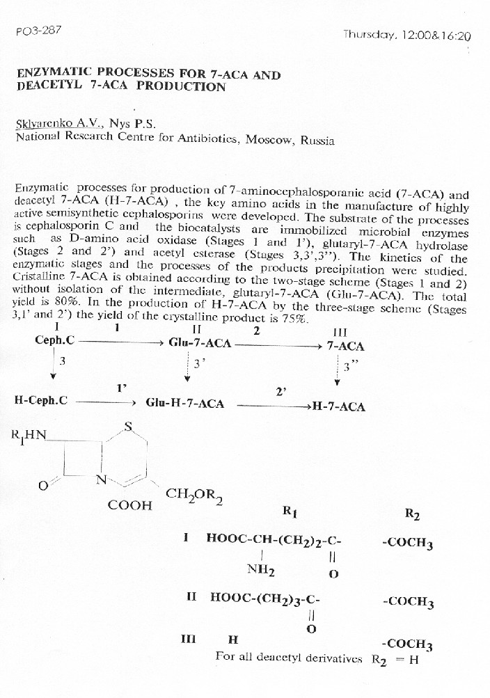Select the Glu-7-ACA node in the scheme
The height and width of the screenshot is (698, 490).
click(x=201, y=342)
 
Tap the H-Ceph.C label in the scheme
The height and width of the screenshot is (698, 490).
click(x=40, y=401)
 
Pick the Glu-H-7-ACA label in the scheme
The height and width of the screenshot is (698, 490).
click(x=184, y=404)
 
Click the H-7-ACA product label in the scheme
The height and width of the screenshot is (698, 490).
click(x=338, y=407)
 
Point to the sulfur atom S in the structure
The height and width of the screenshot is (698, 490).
click(x=128, y=427)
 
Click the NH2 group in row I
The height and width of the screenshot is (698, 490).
click(x=261, y=571)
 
